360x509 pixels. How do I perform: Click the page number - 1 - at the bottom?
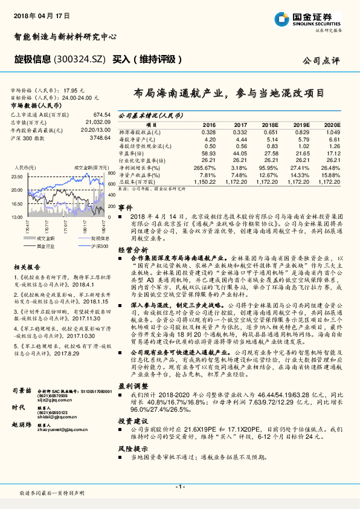click(x=179, y=486)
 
